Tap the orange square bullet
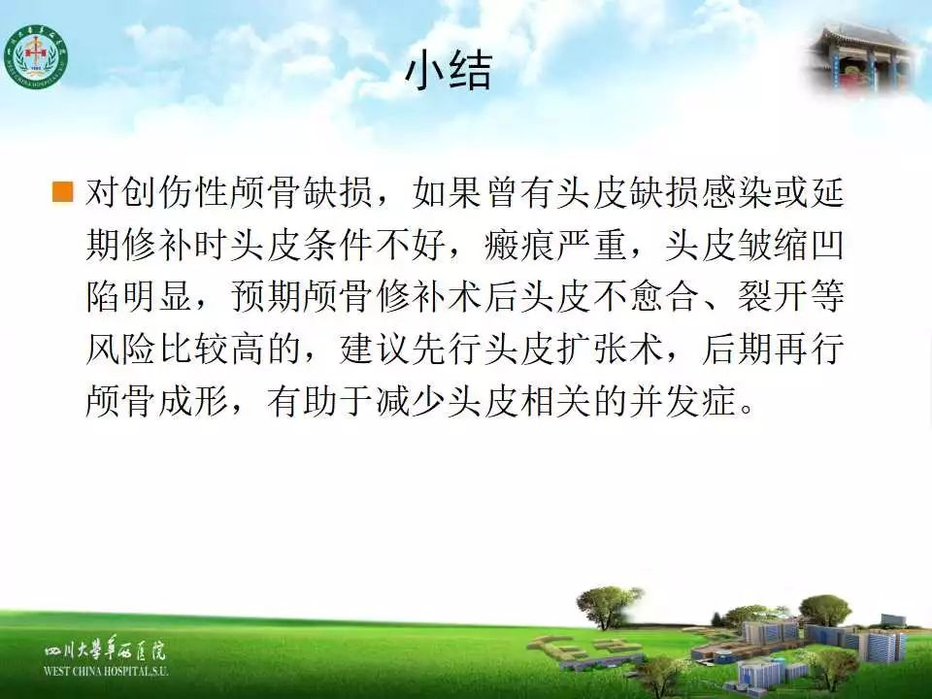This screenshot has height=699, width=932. pyautogui.click(x=62, y=192)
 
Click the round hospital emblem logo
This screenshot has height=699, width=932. pyautogui.click(x=36, y=56)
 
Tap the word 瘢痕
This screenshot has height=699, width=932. pyautogui.click(x=520, y=245)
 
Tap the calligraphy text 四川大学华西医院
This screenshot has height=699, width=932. pyautogui.click(x=106, y=651)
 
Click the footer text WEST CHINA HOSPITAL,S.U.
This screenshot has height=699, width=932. pyautogui.click(x=106, y=672)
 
